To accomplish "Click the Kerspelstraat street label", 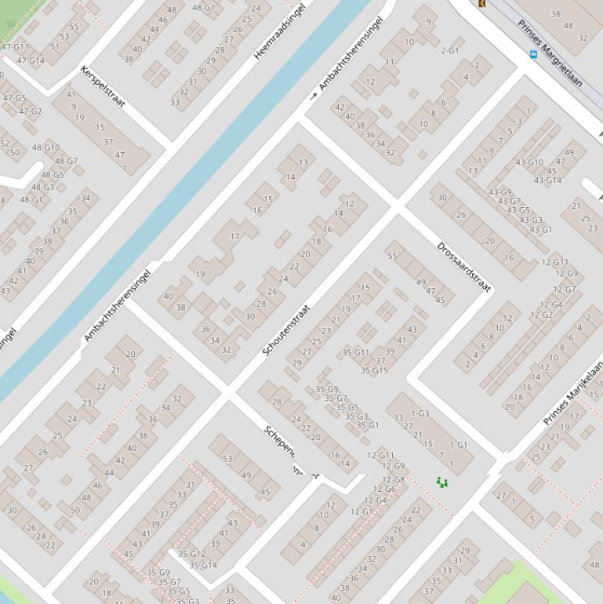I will (x=102, y=86).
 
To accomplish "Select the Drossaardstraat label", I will (x=463, y=267).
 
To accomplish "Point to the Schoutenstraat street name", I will (x=286, y=330).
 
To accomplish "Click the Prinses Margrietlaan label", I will (x=550, y=53).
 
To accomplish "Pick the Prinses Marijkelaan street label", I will (x=573, y=393).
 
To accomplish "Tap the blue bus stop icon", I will (x=534, y=55).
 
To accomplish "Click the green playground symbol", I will (x=442, y=482).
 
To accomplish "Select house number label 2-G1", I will (x=450, y=51).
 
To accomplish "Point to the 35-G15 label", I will (x=374, y=370).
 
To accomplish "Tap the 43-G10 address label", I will (x=529, y=162).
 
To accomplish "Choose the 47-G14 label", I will (x=31, y=60).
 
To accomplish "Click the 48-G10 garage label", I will (x=45, y=147).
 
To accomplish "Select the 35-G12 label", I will (x=191, y=554).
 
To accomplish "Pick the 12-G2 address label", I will (x=541, y=315).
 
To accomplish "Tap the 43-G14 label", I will (x=547, y=180).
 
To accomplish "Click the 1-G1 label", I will (x=459, y=445).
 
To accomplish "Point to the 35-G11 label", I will (x=355, y=353).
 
